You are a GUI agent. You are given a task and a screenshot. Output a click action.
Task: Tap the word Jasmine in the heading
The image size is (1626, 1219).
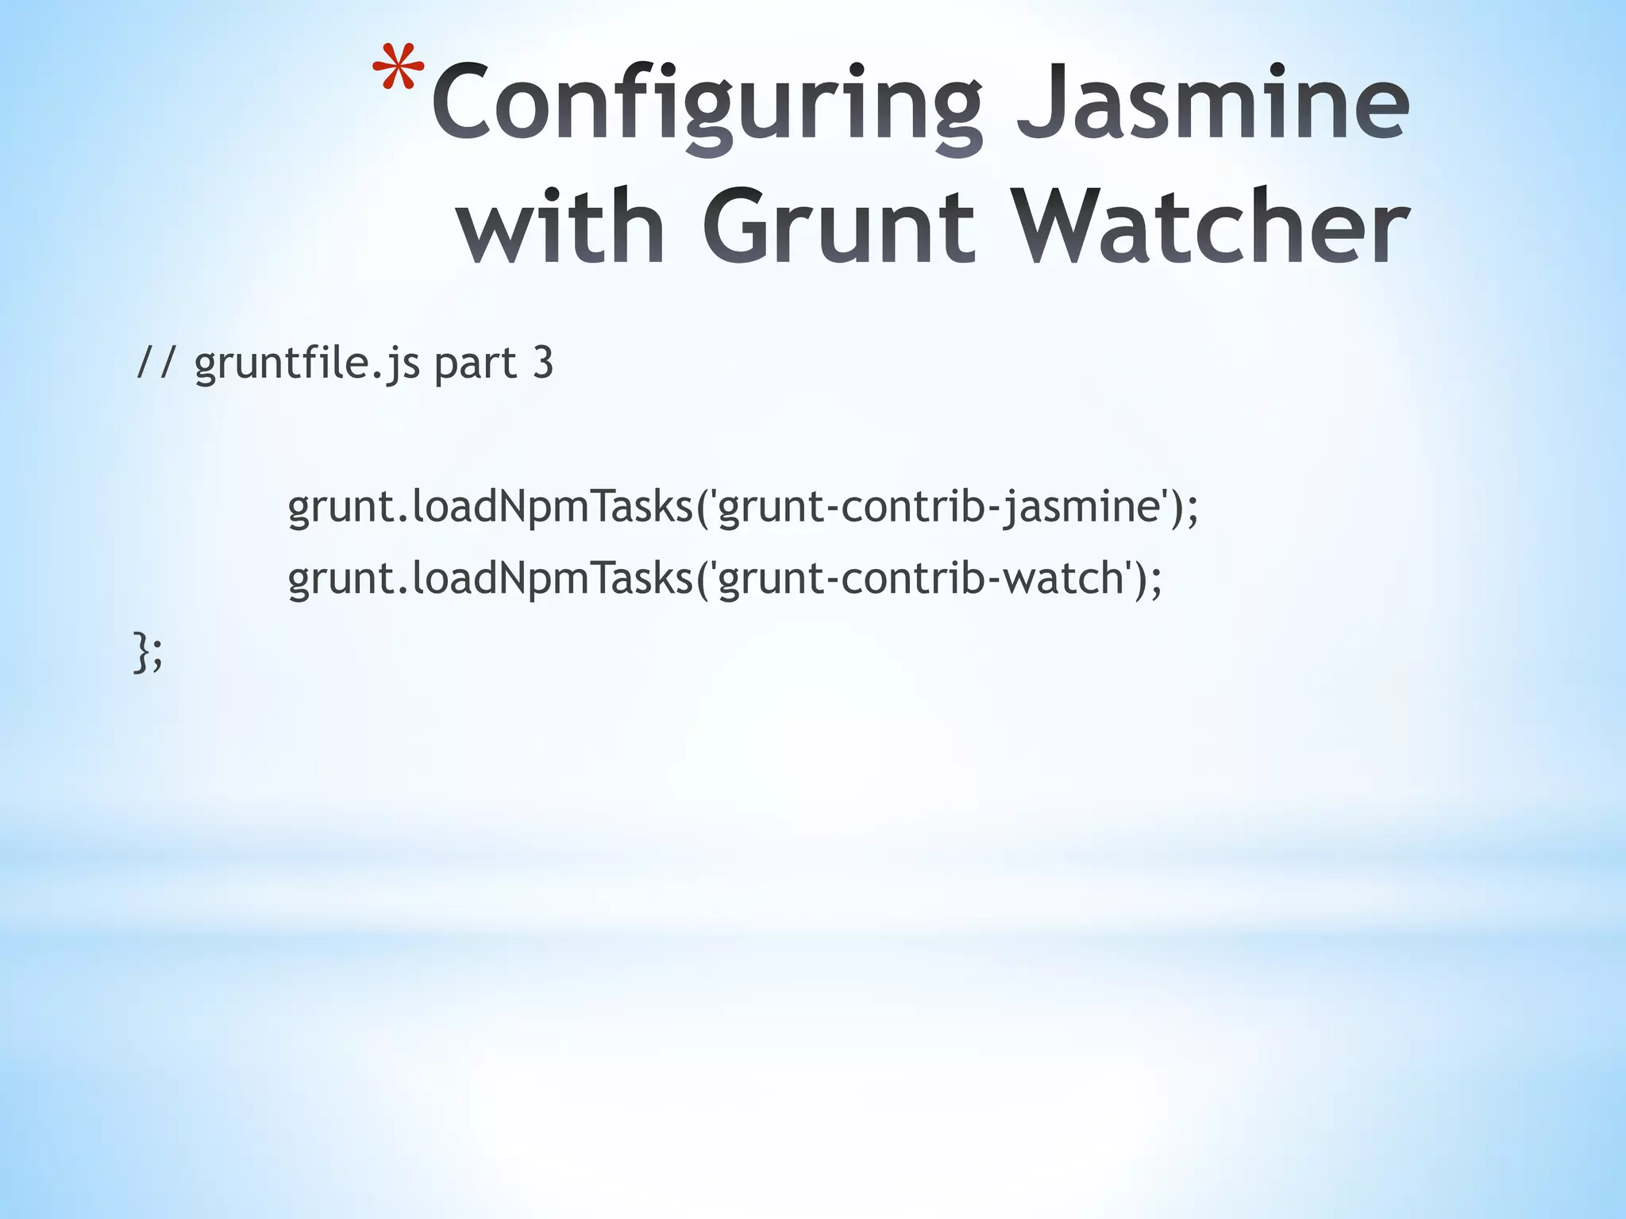point(1213,103)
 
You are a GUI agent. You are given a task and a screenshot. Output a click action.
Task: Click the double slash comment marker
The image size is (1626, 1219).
point(156,363)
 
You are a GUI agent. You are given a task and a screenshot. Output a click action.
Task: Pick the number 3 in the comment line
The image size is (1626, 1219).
point(542,363)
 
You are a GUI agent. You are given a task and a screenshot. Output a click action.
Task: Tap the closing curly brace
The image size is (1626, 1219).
point(141,652)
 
